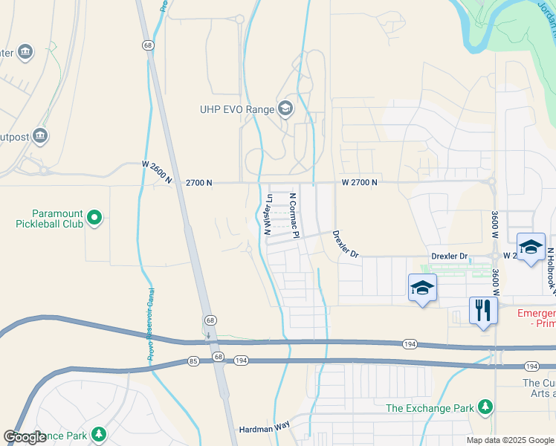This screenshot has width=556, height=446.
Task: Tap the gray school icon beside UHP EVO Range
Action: point(285,110)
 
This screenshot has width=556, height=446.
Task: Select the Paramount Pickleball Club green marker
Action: point(94,218)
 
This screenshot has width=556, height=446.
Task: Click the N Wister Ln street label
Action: point(268,215)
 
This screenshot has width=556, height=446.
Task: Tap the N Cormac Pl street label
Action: point(294,216)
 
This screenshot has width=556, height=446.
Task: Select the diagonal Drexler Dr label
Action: point(345,244)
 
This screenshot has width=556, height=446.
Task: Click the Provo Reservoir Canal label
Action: point(150,324)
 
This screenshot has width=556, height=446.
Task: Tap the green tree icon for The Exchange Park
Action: point(485,407)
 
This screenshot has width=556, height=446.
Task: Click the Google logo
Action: point(25,437)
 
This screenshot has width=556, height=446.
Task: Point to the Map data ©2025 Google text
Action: point(510,440)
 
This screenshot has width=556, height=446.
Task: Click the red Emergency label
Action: point(531,313)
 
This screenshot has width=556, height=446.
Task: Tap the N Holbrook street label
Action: point(551,268)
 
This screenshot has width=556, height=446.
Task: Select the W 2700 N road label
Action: point(360,182)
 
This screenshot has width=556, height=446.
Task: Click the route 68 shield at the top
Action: point(149,45)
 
